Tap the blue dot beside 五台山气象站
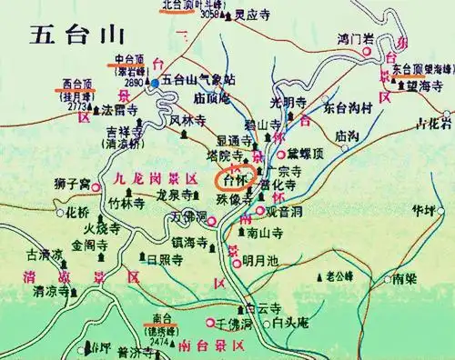pos(155,83)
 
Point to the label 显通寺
pos(235,141)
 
